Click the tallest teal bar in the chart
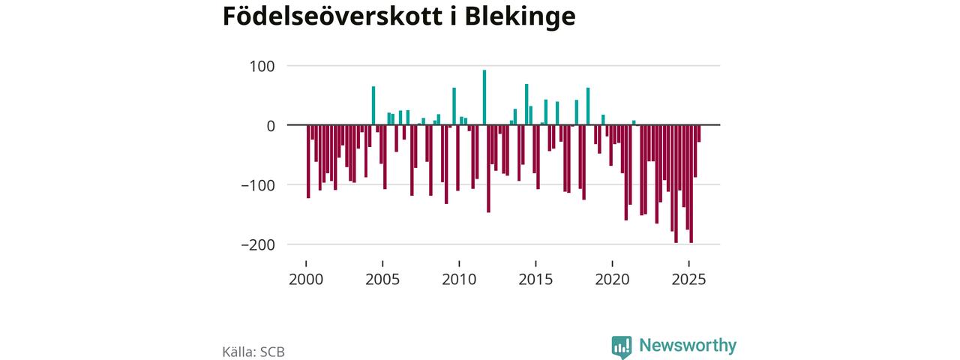pos(484,97)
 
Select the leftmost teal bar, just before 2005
pos(373,106)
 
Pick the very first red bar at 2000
pos(308,161)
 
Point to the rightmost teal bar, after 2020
pos(634,122)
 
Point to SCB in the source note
pos(272,351)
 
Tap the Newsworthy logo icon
pos(621,346)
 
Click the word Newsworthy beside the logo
pos(688,346)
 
